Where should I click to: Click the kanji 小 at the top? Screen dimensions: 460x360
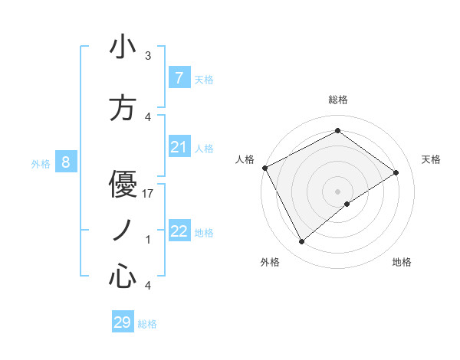[x=123, y=47]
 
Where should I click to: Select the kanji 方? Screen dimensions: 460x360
[x=123, y=107]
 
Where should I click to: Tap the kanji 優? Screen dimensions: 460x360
[x=123, y=184]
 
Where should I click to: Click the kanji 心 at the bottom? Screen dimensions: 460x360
[x=123, y=277]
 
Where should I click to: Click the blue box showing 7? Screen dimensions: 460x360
[x=179, y=77]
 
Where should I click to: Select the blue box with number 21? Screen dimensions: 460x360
[x=179, y=147]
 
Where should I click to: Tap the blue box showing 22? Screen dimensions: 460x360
[x=179, y=231]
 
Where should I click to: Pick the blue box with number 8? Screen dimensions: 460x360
[x=66, y=162]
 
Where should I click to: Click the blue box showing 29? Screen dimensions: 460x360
[x=123, y=322]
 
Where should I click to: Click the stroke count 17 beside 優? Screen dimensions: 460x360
[x=149, y=194]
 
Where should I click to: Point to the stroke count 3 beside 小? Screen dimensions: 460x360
[x=148, y=56]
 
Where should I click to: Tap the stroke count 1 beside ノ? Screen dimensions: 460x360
[x=148, y=240]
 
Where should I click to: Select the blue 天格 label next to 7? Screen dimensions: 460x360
[x=204, y=79]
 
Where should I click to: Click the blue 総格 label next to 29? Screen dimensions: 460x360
[x=147, y=324]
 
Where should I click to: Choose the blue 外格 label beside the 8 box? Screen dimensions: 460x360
[x=41, y=163]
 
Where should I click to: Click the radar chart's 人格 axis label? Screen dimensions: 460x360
[x=245, y=159]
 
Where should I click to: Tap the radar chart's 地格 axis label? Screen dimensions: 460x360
[x=402, y=263]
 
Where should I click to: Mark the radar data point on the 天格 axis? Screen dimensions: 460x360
[x=396, y=172]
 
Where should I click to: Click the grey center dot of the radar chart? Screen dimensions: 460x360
[x=337, y=190]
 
